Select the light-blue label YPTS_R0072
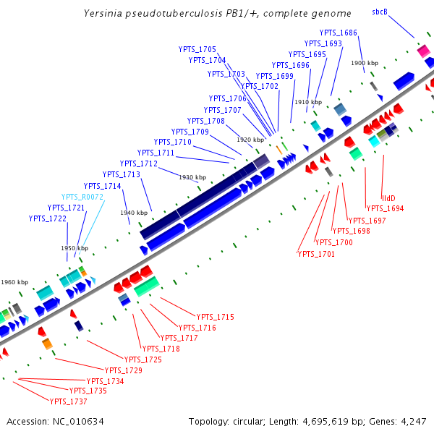coord(82,197)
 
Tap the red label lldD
coord(389,197)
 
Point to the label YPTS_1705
coord(197,49)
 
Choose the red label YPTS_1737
coord(68,401)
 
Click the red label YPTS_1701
coord(316,254)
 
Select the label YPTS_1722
coord(48,218)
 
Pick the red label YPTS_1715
coord(216,317)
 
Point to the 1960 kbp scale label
coord(14,282)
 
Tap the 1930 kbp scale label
coord(192,177)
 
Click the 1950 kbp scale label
coord(75,248)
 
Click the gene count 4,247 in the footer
coord(412,421)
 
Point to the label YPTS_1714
coord(103,186)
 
